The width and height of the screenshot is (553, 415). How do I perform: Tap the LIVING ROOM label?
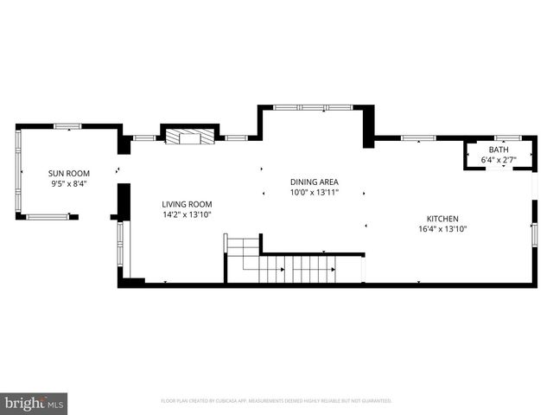[x=187, y=204]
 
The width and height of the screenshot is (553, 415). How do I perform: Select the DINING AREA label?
[x=314, y=182]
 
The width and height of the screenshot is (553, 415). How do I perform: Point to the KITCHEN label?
[x=442, y=219]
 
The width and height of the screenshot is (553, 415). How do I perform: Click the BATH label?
[x=499, y=150]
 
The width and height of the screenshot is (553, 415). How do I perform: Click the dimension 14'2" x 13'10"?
[x=187, y=214]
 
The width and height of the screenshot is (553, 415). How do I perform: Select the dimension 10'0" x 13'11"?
[x=314, y=192]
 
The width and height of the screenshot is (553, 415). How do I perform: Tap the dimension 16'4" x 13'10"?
[x=442, y=229]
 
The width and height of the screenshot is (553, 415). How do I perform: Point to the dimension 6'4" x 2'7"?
[x=499, y=159]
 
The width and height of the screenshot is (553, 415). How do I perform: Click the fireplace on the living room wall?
[x=189, y=137]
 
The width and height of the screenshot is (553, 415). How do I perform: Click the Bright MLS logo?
[x=34, y=402]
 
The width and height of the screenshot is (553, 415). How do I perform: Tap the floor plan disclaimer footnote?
[x=276, y=401]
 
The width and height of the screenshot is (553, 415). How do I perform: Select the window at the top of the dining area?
[x=313, y=107]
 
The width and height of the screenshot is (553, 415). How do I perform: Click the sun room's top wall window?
[x=67, y=126]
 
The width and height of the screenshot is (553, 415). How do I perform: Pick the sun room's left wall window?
[x=18, y=171]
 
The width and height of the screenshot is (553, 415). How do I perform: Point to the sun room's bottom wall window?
[x=48, y=216]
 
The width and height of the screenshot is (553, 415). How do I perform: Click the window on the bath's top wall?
[x=506, y=137]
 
